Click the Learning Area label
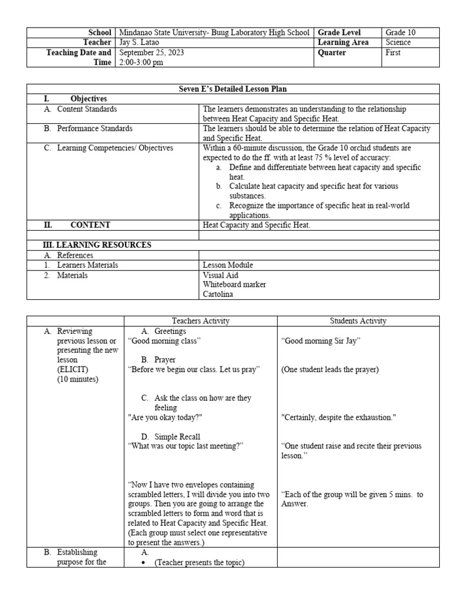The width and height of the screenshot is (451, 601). pyautogui.click(x=343, y=43)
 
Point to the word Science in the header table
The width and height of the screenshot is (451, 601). pyautogui.click(x=398, y=43)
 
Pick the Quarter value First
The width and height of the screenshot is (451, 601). pyautogui.click(x=393, y=53)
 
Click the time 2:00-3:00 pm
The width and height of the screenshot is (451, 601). pyautogui.click(x=141, y=63)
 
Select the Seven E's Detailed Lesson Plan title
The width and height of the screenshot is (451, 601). pyautogui.click(x=233, y=89)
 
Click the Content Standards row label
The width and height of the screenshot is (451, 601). pyautogui.click(x=87, y=109)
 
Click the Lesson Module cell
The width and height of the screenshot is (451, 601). pyautogui.click(x=228, y=265)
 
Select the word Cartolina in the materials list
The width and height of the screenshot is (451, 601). pyautogui.click(x=217, y=295)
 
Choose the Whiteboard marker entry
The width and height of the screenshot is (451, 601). pyautogui.click(x=234, y=285)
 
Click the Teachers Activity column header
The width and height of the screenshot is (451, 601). pyautogui.click(x=200, y=321)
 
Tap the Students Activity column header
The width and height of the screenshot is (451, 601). pyautogui.click(x=358, y=321)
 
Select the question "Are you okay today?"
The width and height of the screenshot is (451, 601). pyautogui.click(x=166, y=417)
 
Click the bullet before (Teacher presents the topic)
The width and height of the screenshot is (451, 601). pyautogui.click(x=144, y=562)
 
